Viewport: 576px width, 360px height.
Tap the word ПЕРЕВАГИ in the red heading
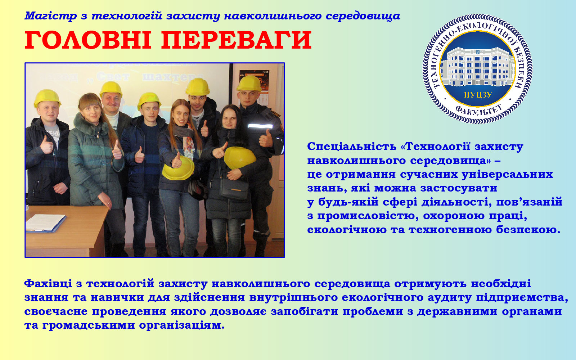pos(237,40)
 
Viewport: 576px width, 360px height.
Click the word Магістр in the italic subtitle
pos(51,16)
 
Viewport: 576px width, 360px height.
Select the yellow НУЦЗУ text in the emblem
pos(478,95)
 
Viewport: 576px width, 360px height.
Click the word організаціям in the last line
pos(182,325)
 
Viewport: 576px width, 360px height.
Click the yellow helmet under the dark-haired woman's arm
pos(240,158)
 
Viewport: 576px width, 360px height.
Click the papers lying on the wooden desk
pos(46,223)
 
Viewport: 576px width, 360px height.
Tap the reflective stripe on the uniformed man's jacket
pos(260,126)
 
